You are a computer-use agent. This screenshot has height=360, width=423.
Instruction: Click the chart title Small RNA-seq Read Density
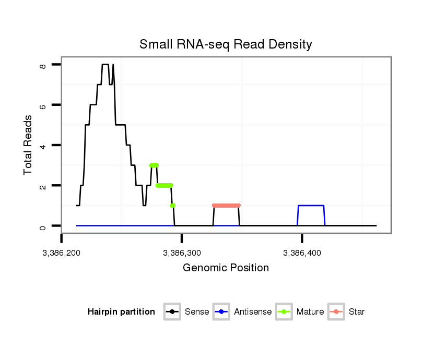click(226, 44)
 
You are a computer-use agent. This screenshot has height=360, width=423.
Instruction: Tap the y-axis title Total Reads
click(29, 145)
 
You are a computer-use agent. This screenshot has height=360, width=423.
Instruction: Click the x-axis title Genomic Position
click(226, 268)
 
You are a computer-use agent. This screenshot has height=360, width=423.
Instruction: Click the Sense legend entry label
click(197, 312)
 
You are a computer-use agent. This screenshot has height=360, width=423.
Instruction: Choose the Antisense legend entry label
click(253, 312)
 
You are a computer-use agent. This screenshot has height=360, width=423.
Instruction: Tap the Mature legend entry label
click(310, 312)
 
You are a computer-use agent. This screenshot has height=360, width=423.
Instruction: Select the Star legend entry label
click(357, 312)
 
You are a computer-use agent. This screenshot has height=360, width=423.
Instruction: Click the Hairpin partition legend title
click(121, 312)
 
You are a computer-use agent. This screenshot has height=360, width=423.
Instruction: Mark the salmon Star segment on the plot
click(226, 206)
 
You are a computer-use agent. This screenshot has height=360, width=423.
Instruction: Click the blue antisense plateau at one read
click(311, 206)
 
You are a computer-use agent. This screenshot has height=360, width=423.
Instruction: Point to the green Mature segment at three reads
click(154, 165)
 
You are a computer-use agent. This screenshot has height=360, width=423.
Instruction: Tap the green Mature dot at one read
click(173, 206)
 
